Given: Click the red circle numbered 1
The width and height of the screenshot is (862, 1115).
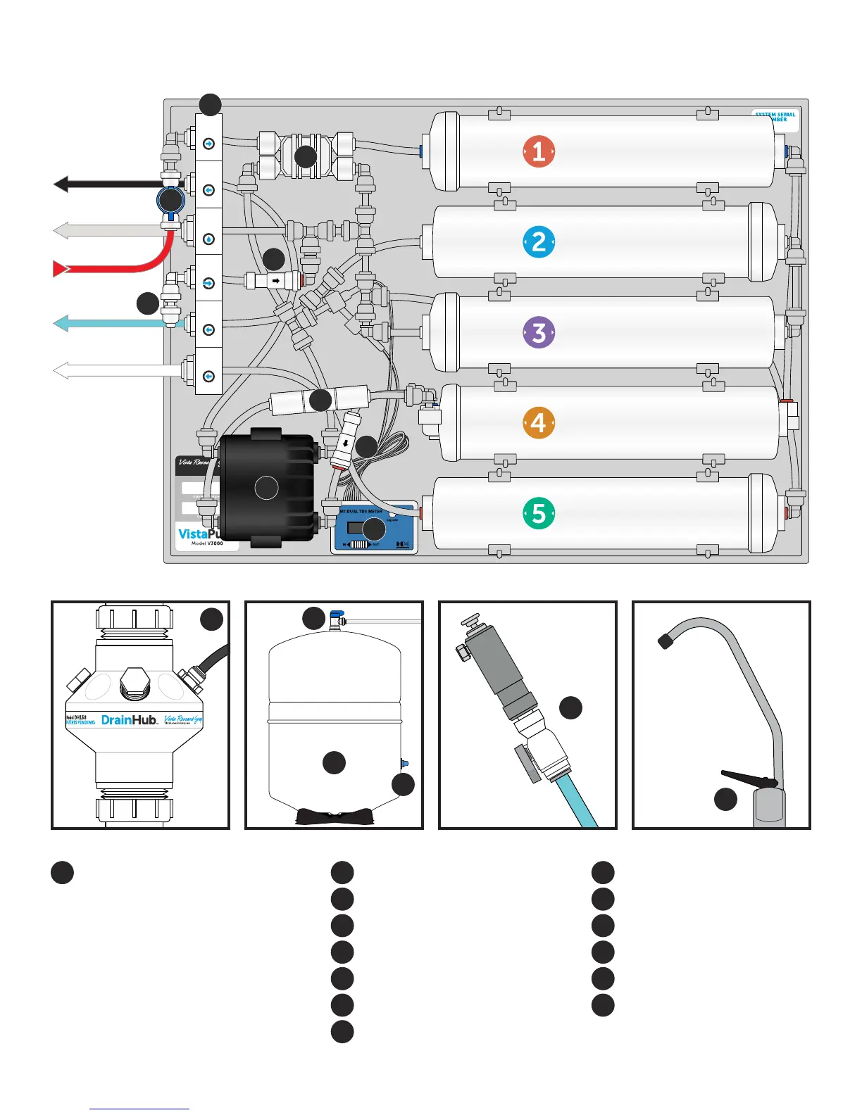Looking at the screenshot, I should [x=539, y=151].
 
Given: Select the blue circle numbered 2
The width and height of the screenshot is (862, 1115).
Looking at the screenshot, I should [x=539, y=241].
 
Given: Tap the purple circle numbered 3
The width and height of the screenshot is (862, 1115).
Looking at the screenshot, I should [x=539, y=332].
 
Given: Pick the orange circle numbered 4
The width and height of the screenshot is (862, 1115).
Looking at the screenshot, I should [x=539, y=423].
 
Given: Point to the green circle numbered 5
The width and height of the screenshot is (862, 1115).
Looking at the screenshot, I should [x=539, y=513].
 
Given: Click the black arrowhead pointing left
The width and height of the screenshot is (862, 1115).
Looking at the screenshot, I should [x=61, y=184].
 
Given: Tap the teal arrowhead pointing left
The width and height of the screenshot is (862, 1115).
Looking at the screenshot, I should [x=61, y=324].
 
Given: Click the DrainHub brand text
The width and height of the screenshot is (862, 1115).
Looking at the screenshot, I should [x=129, y=719].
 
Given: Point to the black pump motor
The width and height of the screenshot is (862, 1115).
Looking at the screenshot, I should [x=266, y=488].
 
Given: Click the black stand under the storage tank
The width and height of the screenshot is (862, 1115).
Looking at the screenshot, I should [x=334, y=817].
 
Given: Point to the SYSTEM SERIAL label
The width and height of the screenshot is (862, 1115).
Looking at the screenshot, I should [x=775, y=116].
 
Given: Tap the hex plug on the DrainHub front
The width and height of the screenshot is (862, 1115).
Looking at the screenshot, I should [x=134, y=683].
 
